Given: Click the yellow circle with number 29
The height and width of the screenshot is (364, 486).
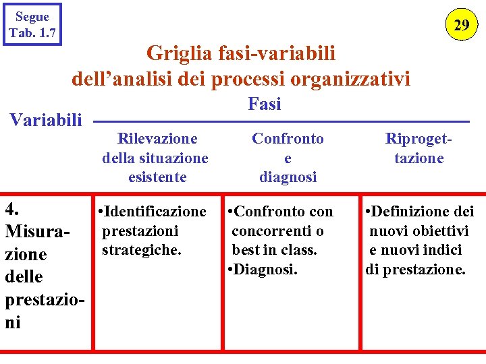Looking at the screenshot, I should (462, 26).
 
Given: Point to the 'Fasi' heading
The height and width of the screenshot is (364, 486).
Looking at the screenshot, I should (265, 104).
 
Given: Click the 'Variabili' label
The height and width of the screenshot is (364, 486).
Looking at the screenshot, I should (45, 121).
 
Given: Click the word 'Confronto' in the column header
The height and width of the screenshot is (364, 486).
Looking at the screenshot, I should (288, 139).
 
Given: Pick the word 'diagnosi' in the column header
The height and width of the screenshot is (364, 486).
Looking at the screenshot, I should (288, 177).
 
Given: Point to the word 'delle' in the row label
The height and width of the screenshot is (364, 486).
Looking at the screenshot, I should (24, 276).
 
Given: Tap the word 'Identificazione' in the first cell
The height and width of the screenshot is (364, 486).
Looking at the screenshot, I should (155, 212).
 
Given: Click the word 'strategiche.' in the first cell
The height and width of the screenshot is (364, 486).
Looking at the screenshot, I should (142, 250).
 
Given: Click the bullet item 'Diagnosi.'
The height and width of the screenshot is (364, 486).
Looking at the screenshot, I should (266, 270).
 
